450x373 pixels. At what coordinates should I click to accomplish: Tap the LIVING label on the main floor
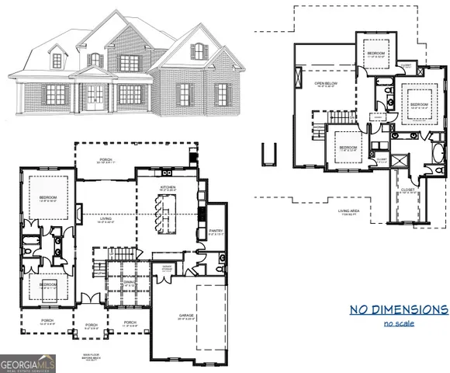[106, 220]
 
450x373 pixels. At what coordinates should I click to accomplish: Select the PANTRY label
[216, 231]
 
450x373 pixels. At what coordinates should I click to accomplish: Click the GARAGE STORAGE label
[167, 269]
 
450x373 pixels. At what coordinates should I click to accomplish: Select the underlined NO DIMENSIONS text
[398, 309]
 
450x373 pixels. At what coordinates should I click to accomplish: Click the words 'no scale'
[399, 322]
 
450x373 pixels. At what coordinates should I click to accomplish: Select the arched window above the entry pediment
[95, 59]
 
